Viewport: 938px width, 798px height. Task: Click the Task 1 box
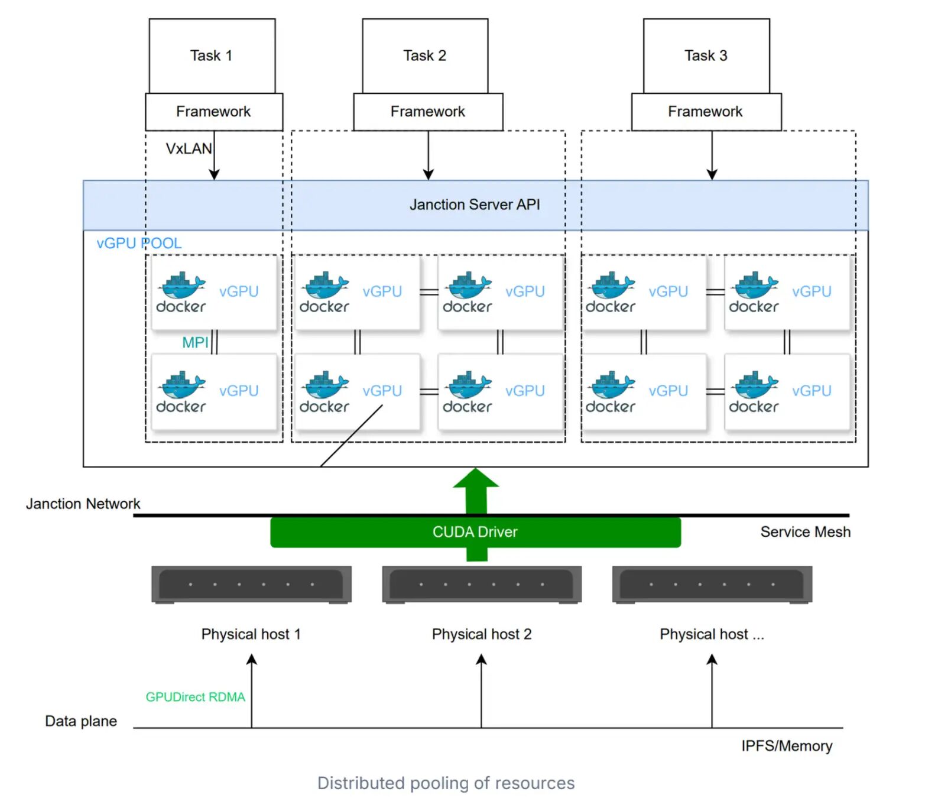(x=212, y=56)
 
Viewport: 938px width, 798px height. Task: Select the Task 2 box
(x=425, y=56)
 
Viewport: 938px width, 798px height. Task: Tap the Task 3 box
(x=706, y=56)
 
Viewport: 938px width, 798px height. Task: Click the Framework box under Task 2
(x=428, y=112)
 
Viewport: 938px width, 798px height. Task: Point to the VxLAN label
(x=189, y=148)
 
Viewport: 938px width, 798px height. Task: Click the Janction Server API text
(x=475, y=205)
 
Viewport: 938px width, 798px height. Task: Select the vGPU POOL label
(x=139, y=243)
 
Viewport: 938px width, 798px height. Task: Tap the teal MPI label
(x=195, y=342)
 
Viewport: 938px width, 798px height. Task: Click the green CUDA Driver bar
(x=475, y=532)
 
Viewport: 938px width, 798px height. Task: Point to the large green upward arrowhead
(x=476, y=478)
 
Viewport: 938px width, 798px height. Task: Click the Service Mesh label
(x=805, y=532)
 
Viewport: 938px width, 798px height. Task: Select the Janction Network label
(x=83, y=504)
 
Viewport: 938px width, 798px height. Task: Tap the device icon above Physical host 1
(x=252, y=585)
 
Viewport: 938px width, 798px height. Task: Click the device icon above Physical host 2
(x=482, y=585)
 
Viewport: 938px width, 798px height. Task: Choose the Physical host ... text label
(x=712, y=634)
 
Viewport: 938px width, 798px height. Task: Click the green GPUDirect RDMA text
(x=195, y=697)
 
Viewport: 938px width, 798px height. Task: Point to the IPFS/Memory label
(x=787, y=746)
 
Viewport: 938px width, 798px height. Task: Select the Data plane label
(x=81, y=721)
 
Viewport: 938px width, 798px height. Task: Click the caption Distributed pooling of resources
(x=446, y=783)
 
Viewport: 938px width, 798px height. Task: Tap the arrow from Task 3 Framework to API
(x=712, y=155)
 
